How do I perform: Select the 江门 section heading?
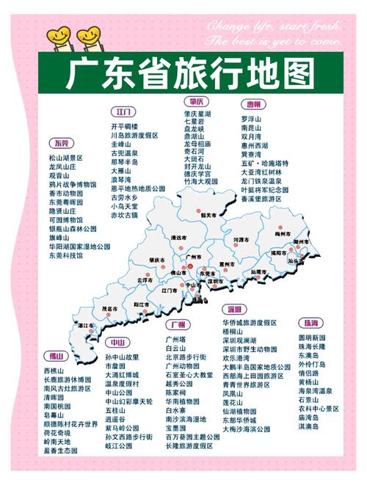[x=123, y=112]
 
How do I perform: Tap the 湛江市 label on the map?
[x=87, y=325]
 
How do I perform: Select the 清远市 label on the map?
[x=178, y=238]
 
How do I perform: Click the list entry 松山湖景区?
[x=66, y=157]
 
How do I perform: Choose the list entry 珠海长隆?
[x=312, y=346]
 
